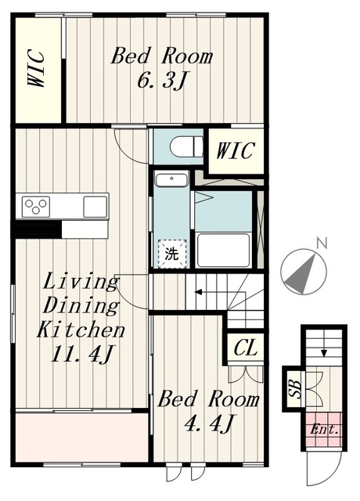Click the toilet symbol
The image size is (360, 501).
tap(186, 147)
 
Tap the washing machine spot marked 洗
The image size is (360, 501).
tap(172, 254)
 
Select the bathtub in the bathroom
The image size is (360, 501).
tap(223, 250)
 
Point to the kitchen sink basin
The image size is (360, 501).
tap(95, 207)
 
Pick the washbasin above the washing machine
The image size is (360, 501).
tap(171, 180)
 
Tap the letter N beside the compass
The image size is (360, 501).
tap(322, 243)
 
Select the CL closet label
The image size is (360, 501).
tap(245, 348)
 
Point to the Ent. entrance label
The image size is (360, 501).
tap(324, 430)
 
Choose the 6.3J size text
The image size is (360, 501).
tap(161, 80)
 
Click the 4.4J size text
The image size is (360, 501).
tap(210, 423)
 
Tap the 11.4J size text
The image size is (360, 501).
tap(81, 354)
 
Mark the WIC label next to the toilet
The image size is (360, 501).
tap(236, 150)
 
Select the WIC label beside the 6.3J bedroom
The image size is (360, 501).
tap(36, 68)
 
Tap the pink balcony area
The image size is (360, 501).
tap(81, 437)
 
